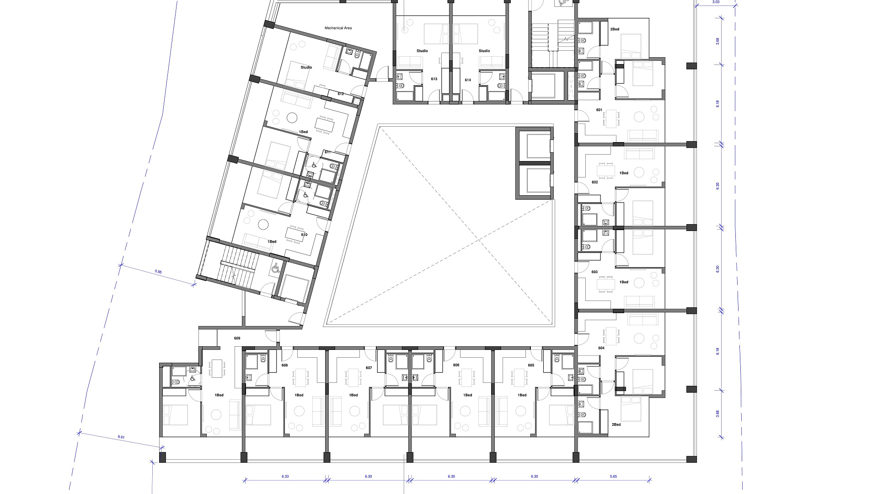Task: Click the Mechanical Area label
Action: coord(338,28)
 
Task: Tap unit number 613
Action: coord(434,79)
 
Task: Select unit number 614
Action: coord(468,80)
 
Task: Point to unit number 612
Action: coord(341,94)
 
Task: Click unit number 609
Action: coord(237,338)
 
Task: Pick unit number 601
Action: coord(599,110)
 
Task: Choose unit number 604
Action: coord(601,348)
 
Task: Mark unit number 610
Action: coord(304,235)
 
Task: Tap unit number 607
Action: coord(369,368)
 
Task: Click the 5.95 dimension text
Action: coord(158,272)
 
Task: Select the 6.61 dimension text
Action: coord(121,437)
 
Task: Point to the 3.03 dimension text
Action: coord(716,2)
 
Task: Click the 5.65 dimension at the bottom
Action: coord(613,477)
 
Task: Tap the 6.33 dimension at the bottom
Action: coord(285,477)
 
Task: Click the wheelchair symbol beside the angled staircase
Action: coord(275,269)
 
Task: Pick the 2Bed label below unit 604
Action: coord(616,424)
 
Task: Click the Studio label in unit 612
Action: coord(306,67)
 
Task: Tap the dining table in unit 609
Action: coord(217,368)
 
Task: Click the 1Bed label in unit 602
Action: coord(624,173)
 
